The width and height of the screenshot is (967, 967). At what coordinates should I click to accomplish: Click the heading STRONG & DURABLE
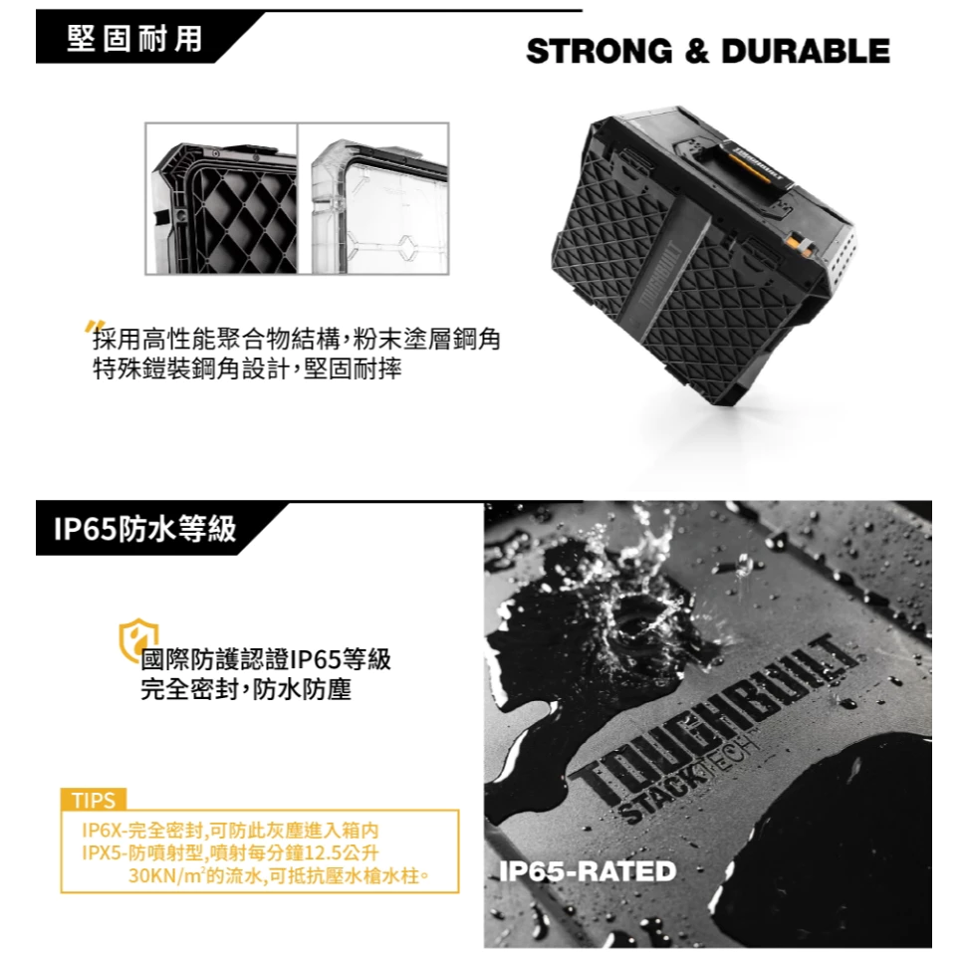[708, 51]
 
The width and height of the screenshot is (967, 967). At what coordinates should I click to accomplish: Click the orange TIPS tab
[94, 800]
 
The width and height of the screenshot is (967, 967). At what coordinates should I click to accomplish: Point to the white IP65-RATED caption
[588, 871]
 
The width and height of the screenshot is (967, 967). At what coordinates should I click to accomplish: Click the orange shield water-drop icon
[136, 639]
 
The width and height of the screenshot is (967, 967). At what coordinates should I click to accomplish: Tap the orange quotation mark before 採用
[95, 327]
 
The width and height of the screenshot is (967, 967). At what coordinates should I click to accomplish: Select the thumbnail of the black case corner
[221, 198]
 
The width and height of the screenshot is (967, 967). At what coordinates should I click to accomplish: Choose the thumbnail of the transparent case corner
[373, 198]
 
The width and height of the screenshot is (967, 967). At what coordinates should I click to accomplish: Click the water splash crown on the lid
[635, 592]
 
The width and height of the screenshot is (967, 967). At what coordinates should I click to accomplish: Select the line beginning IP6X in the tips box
[230, 831]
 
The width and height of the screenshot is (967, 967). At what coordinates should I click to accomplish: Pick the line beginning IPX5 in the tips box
[230, 852]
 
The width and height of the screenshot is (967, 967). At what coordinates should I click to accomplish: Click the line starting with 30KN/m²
[279, 875]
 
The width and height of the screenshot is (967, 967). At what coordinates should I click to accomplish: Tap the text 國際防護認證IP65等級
[266, 659]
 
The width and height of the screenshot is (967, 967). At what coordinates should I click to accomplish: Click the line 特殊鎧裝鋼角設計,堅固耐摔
[247, 368]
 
